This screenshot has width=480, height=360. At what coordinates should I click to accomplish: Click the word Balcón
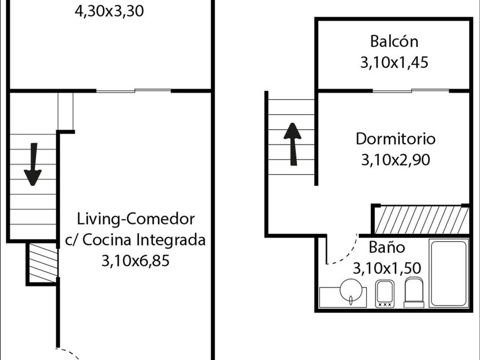(x=394, y=42)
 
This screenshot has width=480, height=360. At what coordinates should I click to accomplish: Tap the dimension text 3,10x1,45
(x=394, y=63)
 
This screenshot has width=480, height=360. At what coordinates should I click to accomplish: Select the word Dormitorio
(x=395, y=139)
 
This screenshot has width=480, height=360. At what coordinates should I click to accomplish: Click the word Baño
(x=387, y=247)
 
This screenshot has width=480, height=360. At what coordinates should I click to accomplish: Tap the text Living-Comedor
(x=136, y=219)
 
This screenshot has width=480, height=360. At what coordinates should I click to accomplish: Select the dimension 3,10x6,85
(x=136, y=261)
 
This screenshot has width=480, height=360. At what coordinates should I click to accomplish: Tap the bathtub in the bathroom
(x=449, y=274)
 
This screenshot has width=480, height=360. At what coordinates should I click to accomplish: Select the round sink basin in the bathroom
(x=349, y=291)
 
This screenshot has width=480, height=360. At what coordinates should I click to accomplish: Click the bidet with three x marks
(x=385, y=294)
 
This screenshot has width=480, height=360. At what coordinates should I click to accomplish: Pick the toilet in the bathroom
(x=414, y=292)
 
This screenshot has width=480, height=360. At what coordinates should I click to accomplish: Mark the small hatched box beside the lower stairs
(x=42, y=262)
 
